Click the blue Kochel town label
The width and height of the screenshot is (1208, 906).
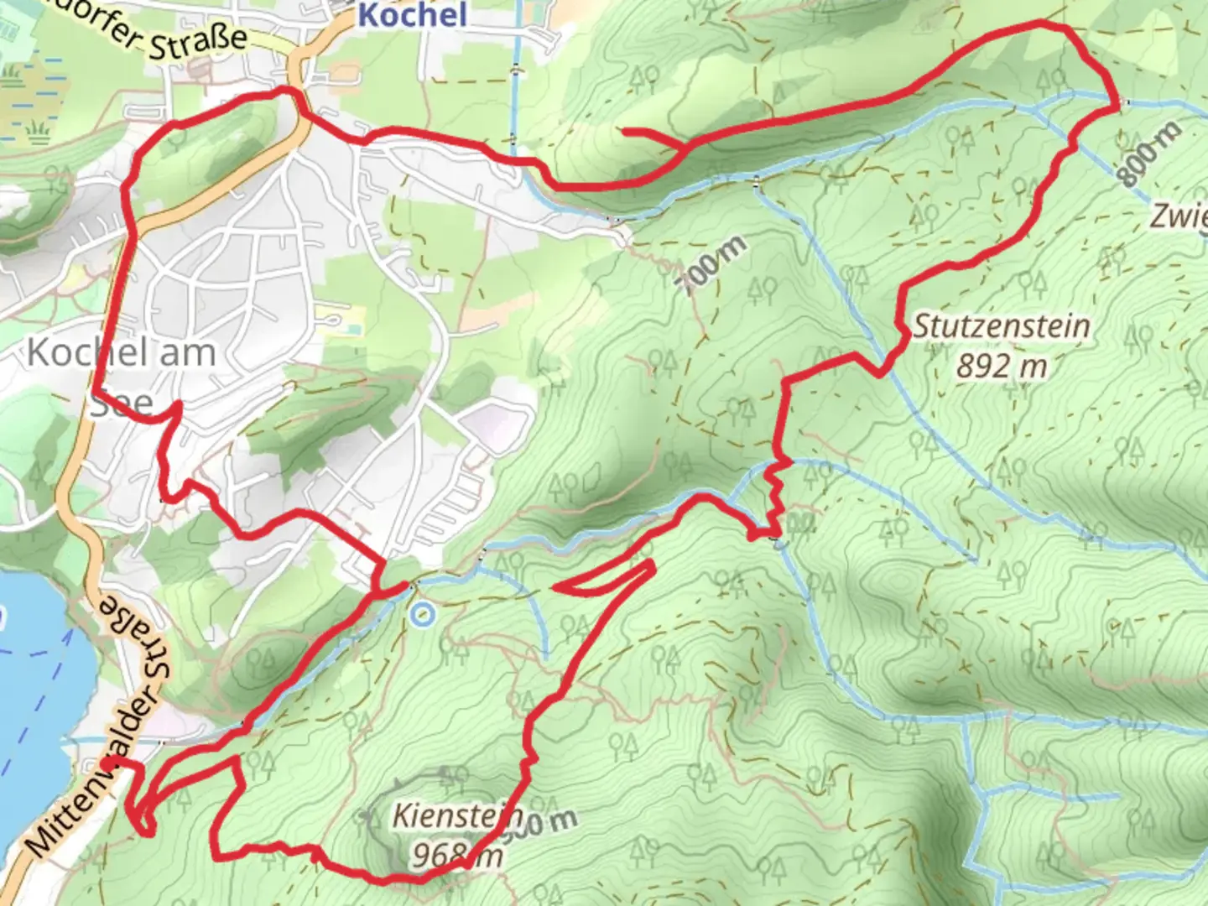412,14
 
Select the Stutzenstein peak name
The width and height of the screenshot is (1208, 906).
1001,325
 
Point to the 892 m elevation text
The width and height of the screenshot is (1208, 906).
1001,367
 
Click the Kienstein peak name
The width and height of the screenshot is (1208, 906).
457,815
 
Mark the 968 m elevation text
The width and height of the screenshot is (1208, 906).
457,855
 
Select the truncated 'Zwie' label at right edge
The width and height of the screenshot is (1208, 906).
1178,216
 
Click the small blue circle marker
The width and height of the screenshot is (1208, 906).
422,616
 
